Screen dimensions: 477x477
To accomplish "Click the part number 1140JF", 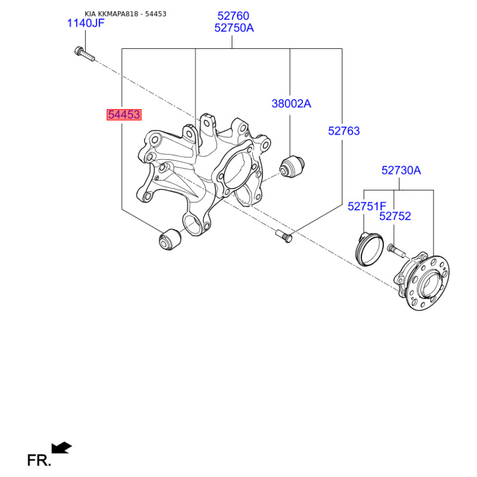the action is (85, 23).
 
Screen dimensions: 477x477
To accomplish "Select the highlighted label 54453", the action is (124, 114).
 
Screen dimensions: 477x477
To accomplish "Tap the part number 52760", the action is (233, 16).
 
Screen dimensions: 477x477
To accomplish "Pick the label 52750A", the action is (234, 28).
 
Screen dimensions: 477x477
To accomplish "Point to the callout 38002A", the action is (292, 104).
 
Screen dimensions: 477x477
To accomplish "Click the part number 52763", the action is (344, 131).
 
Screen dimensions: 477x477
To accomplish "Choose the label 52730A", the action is (401, 171).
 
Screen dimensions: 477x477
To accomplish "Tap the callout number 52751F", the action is (367, 206).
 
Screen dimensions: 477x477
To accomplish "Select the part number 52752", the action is (395, 216).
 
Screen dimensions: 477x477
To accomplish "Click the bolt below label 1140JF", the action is (84, 54).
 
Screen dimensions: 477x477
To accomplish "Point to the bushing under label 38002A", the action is (292, 166).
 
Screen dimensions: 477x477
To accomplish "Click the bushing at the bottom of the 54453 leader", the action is (170, 240).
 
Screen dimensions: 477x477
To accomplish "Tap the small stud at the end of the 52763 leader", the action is (284, 236).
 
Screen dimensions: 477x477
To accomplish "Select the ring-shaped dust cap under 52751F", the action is (369, 249).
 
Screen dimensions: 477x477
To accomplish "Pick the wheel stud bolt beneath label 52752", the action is (397, 250).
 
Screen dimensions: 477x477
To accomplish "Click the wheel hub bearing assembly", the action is (422, 281).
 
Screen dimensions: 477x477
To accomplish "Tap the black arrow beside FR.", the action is (61, 448).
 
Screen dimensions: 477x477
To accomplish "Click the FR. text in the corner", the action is (39, 460).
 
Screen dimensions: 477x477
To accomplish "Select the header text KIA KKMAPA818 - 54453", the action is (125, 14).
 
